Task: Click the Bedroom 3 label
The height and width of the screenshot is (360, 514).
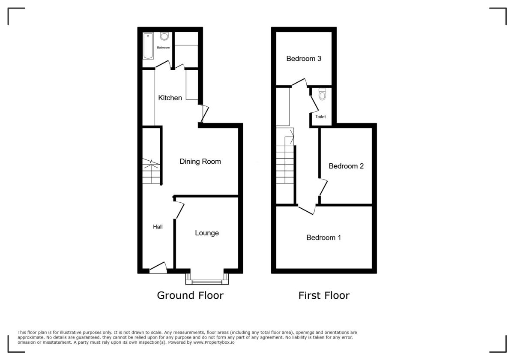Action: click(304, 59)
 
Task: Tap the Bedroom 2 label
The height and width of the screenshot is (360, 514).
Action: click(346, 166)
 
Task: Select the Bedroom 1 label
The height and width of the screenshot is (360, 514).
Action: click(323, 237)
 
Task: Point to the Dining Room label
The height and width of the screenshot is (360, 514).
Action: click(200, 162)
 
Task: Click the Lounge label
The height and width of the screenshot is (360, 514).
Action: click(207, 233)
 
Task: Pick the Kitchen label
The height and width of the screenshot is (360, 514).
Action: click(170, 98)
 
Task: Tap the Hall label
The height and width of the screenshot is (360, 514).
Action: click(158, 227)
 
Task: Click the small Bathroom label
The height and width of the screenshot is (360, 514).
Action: click(163, 48)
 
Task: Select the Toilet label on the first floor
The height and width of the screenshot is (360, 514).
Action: click(320, 117)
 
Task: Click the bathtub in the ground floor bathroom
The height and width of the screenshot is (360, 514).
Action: click(148, 45)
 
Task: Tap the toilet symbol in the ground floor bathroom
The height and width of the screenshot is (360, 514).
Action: click(164, 36)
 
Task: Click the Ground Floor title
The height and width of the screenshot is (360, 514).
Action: click(190, 295)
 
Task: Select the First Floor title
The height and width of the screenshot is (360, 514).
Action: click(324, 295)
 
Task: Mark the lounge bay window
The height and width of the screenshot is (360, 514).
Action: click(207, 279)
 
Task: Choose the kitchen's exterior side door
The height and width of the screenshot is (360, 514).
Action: click(205, 114)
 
